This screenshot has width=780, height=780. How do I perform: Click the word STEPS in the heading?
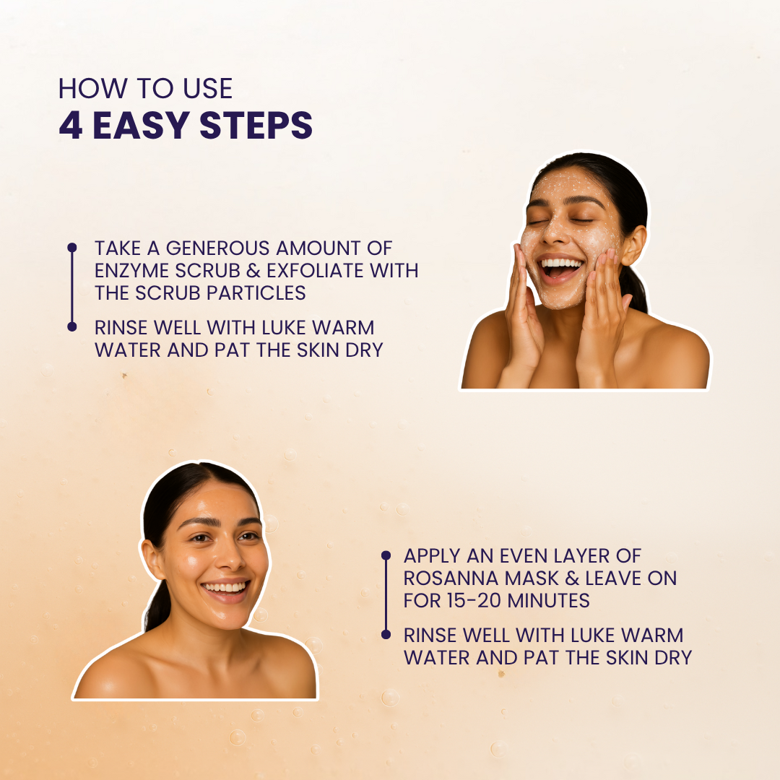click(x=256, y=125)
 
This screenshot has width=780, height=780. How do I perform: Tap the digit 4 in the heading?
click(x=71, y=125)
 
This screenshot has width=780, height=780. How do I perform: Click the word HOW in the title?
click(x=92, y=89)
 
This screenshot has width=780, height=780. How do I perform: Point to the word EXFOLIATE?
click(x=315, y=271)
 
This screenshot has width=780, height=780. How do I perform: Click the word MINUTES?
click(x=548, y=601)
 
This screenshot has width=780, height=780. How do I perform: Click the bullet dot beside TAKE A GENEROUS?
click(x=72, y=247)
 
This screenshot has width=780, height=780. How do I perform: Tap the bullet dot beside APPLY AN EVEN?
click(x=386, y=555)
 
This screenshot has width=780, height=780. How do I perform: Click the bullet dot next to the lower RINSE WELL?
click(x=386, y=634)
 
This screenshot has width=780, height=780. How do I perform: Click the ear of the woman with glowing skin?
click(x=152, y=560)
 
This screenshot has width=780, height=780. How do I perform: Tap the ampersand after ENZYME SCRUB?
click(x=253, y=271)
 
